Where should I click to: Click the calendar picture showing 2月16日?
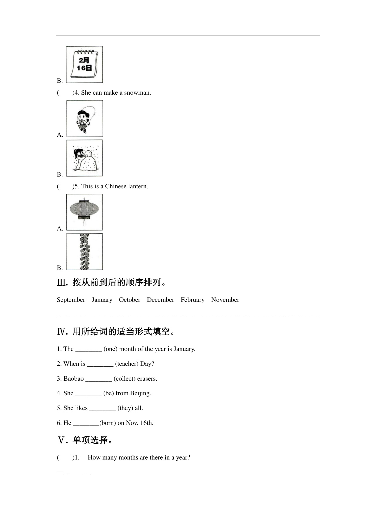(84, 64)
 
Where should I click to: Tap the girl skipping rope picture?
(84, 119)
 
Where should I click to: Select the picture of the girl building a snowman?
(84, 158)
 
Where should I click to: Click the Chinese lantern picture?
(84, 212)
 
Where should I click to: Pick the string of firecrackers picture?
(84, 252)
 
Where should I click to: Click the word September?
(71, 300)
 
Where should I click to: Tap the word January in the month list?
(102, 300)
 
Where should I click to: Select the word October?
(129, 300)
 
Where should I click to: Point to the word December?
(160, 300)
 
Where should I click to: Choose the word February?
(192, 300)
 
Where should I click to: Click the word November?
(225, 300)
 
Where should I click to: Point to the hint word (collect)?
(125, 379)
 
